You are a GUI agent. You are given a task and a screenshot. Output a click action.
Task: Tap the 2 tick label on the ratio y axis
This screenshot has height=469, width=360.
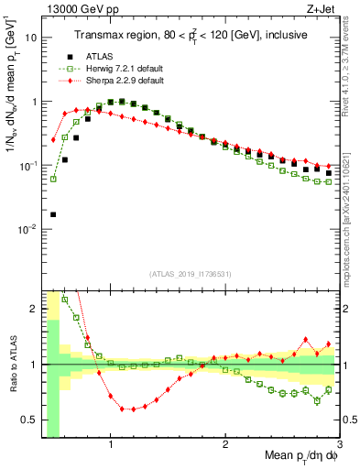33,310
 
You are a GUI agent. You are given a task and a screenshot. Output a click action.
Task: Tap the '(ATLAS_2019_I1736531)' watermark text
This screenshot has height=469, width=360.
190,274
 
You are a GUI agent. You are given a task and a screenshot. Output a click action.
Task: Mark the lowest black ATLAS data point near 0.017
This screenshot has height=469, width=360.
53,214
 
